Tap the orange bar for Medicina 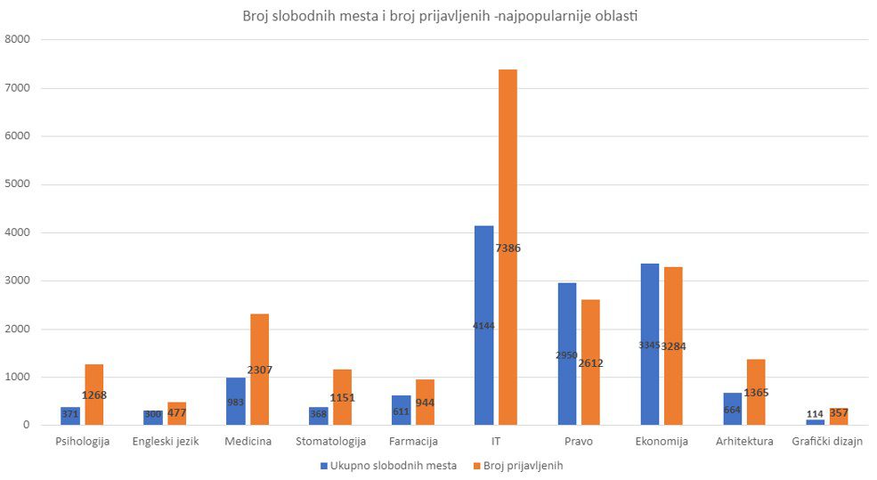click(259, 392)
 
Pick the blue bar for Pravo click(566, 392)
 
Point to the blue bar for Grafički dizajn click(815, 422)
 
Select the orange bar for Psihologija click(93, 410)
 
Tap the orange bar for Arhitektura click(756, 410)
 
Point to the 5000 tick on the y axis click(18, 184)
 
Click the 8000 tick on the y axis click(18, 39)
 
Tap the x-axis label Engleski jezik click(165, 442)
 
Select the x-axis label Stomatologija click(330, 442)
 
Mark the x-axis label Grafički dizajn click(827, 442)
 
